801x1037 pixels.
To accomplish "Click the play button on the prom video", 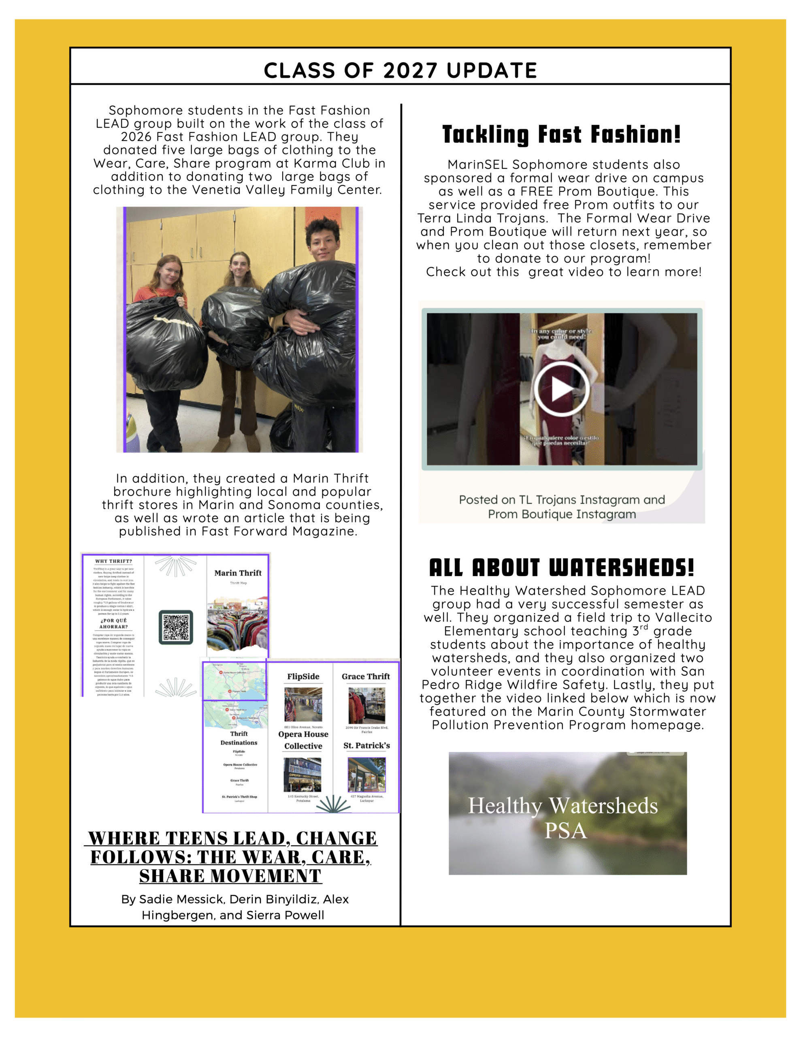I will tap(561, 389).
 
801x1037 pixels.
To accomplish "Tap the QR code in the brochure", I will tap(176, 627).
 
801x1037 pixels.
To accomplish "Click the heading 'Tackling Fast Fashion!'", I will tap(561, 134).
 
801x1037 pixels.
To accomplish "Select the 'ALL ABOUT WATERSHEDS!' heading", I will tap(561, 568).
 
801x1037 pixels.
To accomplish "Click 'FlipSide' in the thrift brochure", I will tap(303, 676).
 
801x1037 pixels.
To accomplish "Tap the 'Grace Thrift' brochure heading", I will tap(366, 676).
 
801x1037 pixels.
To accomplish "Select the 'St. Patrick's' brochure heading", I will tap(366, 745).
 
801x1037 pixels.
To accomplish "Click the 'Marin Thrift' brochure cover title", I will tap(238, 573).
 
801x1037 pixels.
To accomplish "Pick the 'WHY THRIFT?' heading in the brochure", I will tap(113, 561).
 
